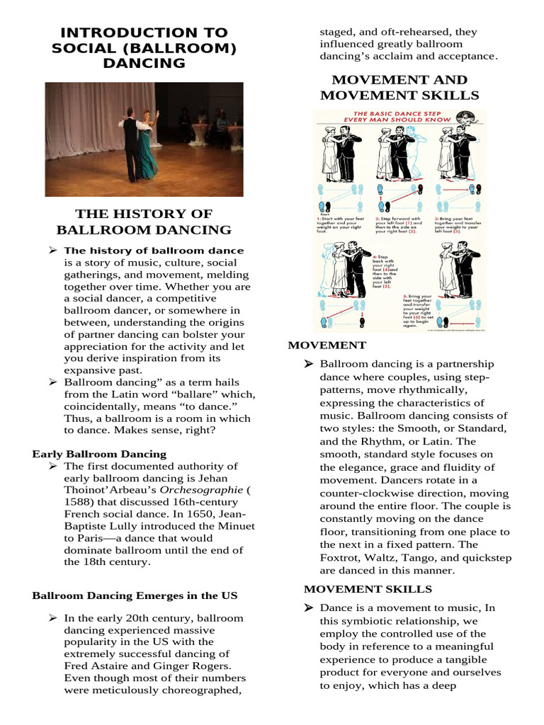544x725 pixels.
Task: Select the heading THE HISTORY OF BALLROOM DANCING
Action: point(144,222)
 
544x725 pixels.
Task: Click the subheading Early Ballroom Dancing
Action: point(100,454)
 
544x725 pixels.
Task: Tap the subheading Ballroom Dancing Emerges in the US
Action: point(135,595)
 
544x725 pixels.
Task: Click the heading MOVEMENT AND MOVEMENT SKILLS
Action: point(399,87)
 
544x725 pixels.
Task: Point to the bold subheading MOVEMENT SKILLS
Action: point(368,588)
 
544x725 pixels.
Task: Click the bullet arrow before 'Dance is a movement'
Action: point(309,608)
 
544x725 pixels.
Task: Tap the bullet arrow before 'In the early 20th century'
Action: point(52,618)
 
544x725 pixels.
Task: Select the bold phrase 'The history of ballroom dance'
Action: point(154,250)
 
